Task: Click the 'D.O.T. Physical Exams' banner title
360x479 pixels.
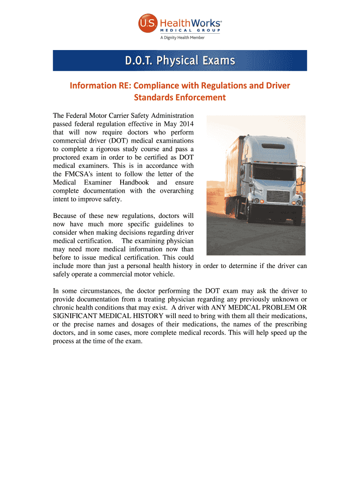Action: point(180,61)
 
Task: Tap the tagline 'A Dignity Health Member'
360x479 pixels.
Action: point(182,37)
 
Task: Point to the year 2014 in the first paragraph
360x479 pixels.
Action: point(185,123)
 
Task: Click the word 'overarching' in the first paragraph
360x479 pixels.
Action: point(173,191)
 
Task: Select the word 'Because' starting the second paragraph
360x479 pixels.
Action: point(66,216)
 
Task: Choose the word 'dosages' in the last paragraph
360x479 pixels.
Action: point(165,324)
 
